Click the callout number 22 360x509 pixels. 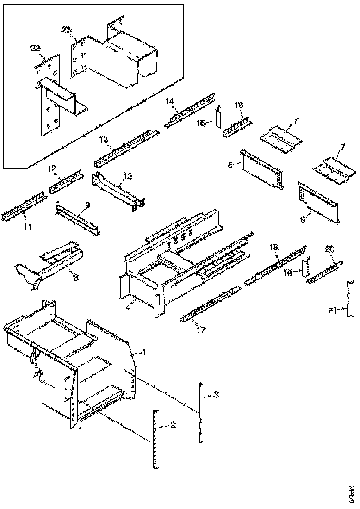(x=36, y=48)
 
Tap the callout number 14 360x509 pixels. (x=170, y=101)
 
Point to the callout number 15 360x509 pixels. (x=201, y=123)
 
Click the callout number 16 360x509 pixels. (x=238, y=106)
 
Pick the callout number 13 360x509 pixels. (x=103, y=139)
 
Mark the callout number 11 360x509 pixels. (x=28, y=226)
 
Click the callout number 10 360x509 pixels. (x=127, y=176)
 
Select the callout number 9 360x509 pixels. (x=87, y=204)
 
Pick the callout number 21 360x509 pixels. (x=331, y=310)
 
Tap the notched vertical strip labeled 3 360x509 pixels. (x=201, y=412)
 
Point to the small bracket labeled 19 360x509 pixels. (x=305, y=269)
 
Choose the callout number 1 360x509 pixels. (x=144, y=352)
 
